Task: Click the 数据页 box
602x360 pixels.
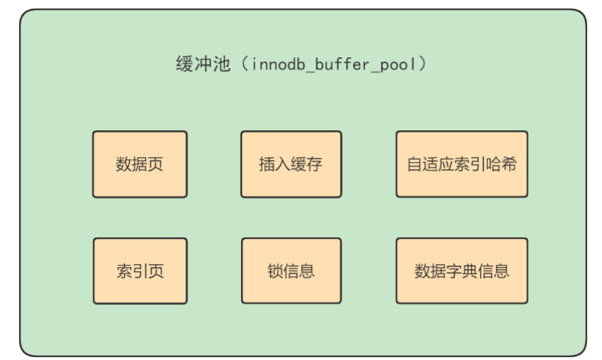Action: [140, 164]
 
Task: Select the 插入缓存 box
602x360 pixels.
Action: [290, 164]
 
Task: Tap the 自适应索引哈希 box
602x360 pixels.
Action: [461, 164]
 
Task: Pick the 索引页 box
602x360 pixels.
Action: [140, 271]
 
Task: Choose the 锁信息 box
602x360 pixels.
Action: [290, 271]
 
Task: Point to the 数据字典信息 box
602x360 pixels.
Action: [461, 271]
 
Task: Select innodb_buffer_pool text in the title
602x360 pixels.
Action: [332, 65]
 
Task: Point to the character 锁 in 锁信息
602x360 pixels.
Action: [275, 271]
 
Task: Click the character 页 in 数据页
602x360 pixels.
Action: [156, 164]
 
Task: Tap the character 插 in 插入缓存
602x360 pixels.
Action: [267, 164]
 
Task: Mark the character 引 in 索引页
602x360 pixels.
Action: [140, 271]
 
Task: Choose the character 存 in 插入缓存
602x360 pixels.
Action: [314, 164]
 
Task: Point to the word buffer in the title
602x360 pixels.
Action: [341, 65]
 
